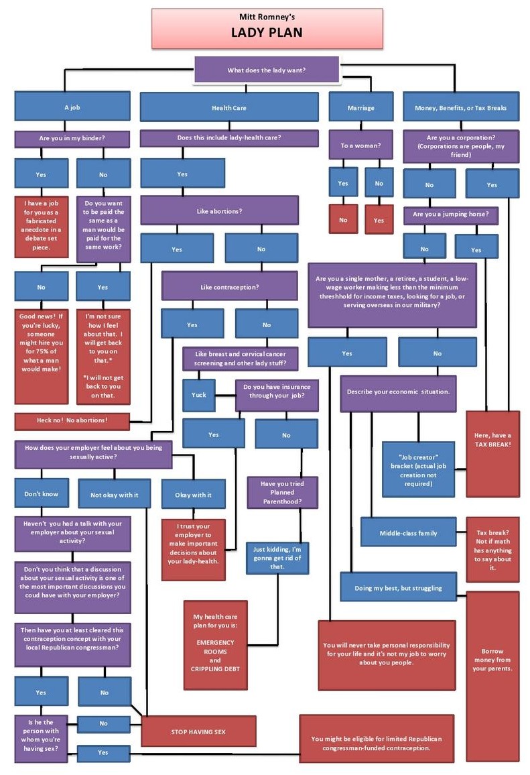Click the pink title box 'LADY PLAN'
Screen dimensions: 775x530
267,28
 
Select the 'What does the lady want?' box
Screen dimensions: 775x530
267,70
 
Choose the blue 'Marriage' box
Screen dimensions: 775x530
360,107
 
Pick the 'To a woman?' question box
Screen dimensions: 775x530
360,145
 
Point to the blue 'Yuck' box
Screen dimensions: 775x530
198,395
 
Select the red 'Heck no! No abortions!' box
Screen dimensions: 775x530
72,421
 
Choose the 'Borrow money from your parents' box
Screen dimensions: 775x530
492,660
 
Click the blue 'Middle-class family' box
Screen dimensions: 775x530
408,533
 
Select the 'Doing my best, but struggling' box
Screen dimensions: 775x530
398,588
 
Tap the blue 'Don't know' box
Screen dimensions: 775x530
42,494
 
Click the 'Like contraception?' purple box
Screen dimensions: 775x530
229,286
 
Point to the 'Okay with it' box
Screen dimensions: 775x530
192,495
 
